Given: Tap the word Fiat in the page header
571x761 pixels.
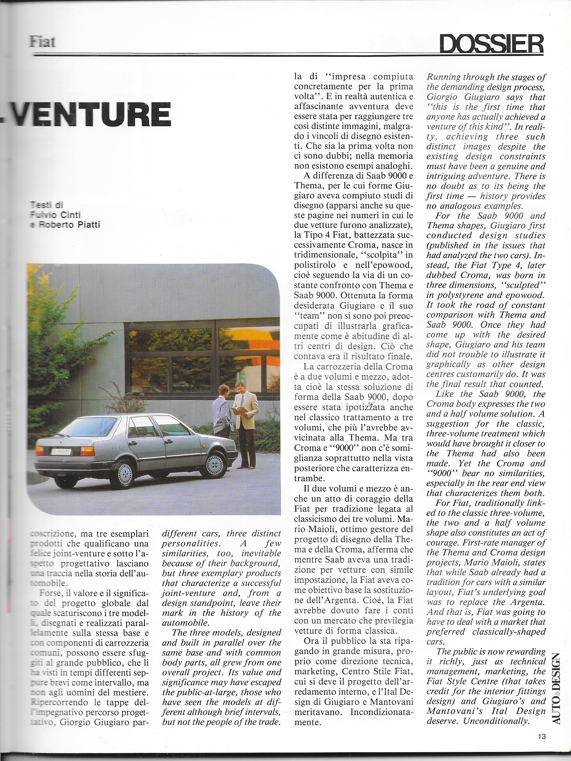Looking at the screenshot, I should coord(42,42).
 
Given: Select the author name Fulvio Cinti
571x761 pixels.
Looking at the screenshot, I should coord(55,215).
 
